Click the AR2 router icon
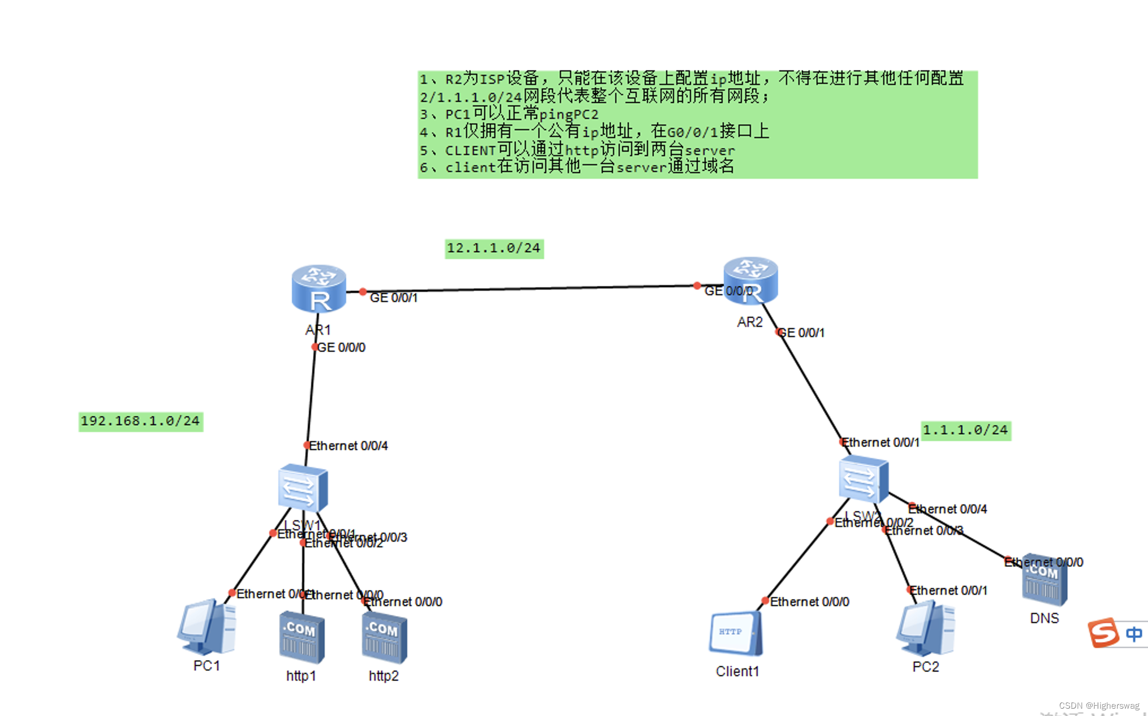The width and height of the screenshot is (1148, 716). (x=750, y=281)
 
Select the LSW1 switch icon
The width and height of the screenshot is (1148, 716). (x=303, y=488)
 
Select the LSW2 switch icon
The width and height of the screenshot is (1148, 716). (x=863, y=480)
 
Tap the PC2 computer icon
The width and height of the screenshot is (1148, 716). (x=925, y=629)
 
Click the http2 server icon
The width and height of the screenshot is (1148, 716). (x=384, y=638)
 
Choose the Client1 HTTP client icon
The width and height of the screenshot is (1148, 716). (x=735, y=633)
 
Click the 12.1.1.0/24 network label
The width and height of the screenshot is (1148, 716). (x=494, y=248)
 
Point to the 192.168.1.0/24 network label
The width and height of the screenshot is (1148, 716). (x=140, y=421)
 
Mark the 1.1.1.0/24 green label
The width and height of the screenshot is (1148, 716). (x=965, y=430)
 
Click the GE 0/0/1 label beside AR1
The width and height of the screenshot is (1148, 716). (x=394, y=298)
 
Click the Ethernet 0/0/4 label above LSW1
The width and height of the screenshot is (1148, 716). (x=348, y=446)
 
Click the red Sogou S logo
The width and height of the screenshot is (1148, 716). (x=1103, y=633)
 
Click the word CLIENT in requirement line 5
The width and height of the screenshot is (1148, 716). (x=470, y=151)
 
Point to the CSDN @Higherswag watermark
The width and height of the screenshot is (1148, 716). (x=1099, y=706)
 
